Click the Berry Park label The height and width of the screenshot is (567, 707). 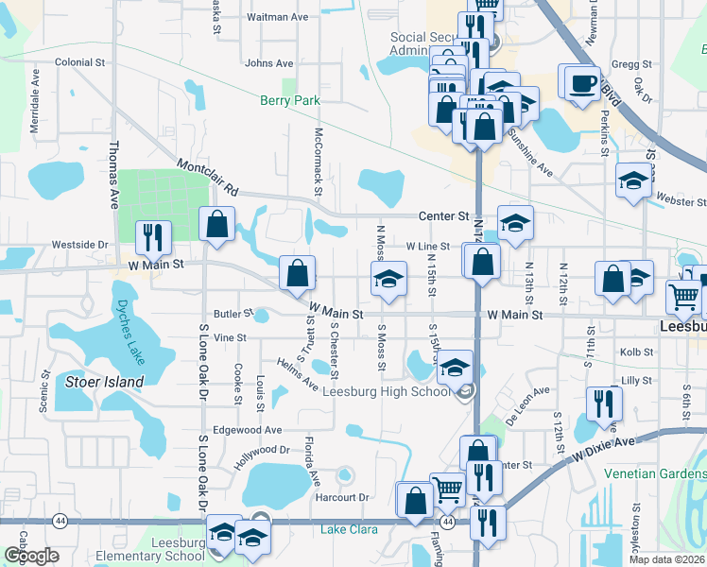tap(291, 100)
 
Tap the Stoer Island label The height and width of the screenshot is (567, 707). tap(104, 382)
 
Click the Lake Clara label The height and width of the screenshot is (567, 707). tap(349, 529)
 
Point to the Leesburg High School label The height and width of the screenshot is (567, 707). tap(389, 391)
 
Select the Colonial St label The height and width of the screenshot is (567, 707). tap(79, 62)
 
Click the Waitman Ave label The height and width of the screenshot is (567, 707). tap(277, 17)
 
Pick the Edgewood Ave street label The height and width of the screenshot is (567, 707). tap(248, 430)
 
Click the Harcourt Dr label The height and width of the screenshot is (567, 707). tap(342, 497)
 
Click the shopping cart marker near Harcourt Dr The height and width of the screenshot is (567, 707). tap(447, 490)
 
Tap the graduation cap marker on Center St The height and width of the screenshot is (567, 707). tap(515, 224)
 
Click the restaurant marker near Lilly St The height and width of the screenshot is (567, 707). tap(603, 404)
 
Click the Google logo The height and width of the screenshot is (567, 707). tap(32, 555)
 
